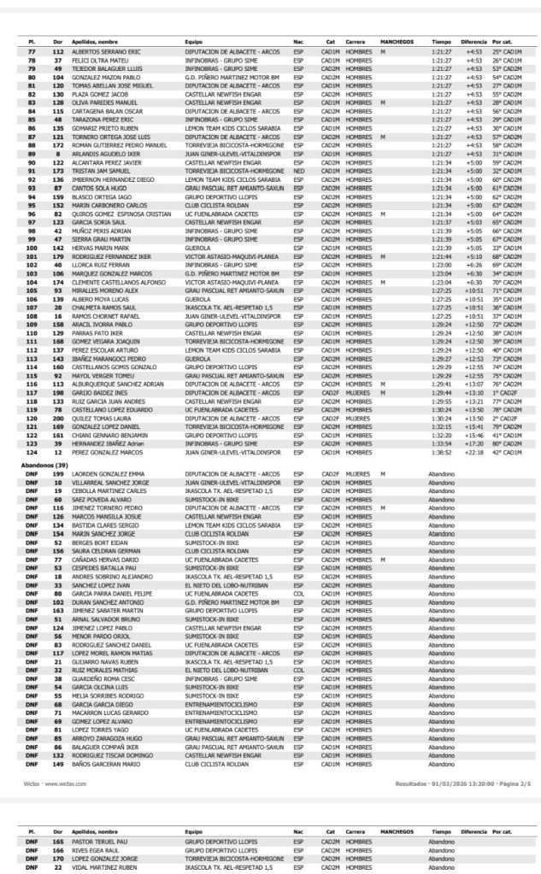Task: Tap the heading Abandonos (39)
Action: tap(44, 461)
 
